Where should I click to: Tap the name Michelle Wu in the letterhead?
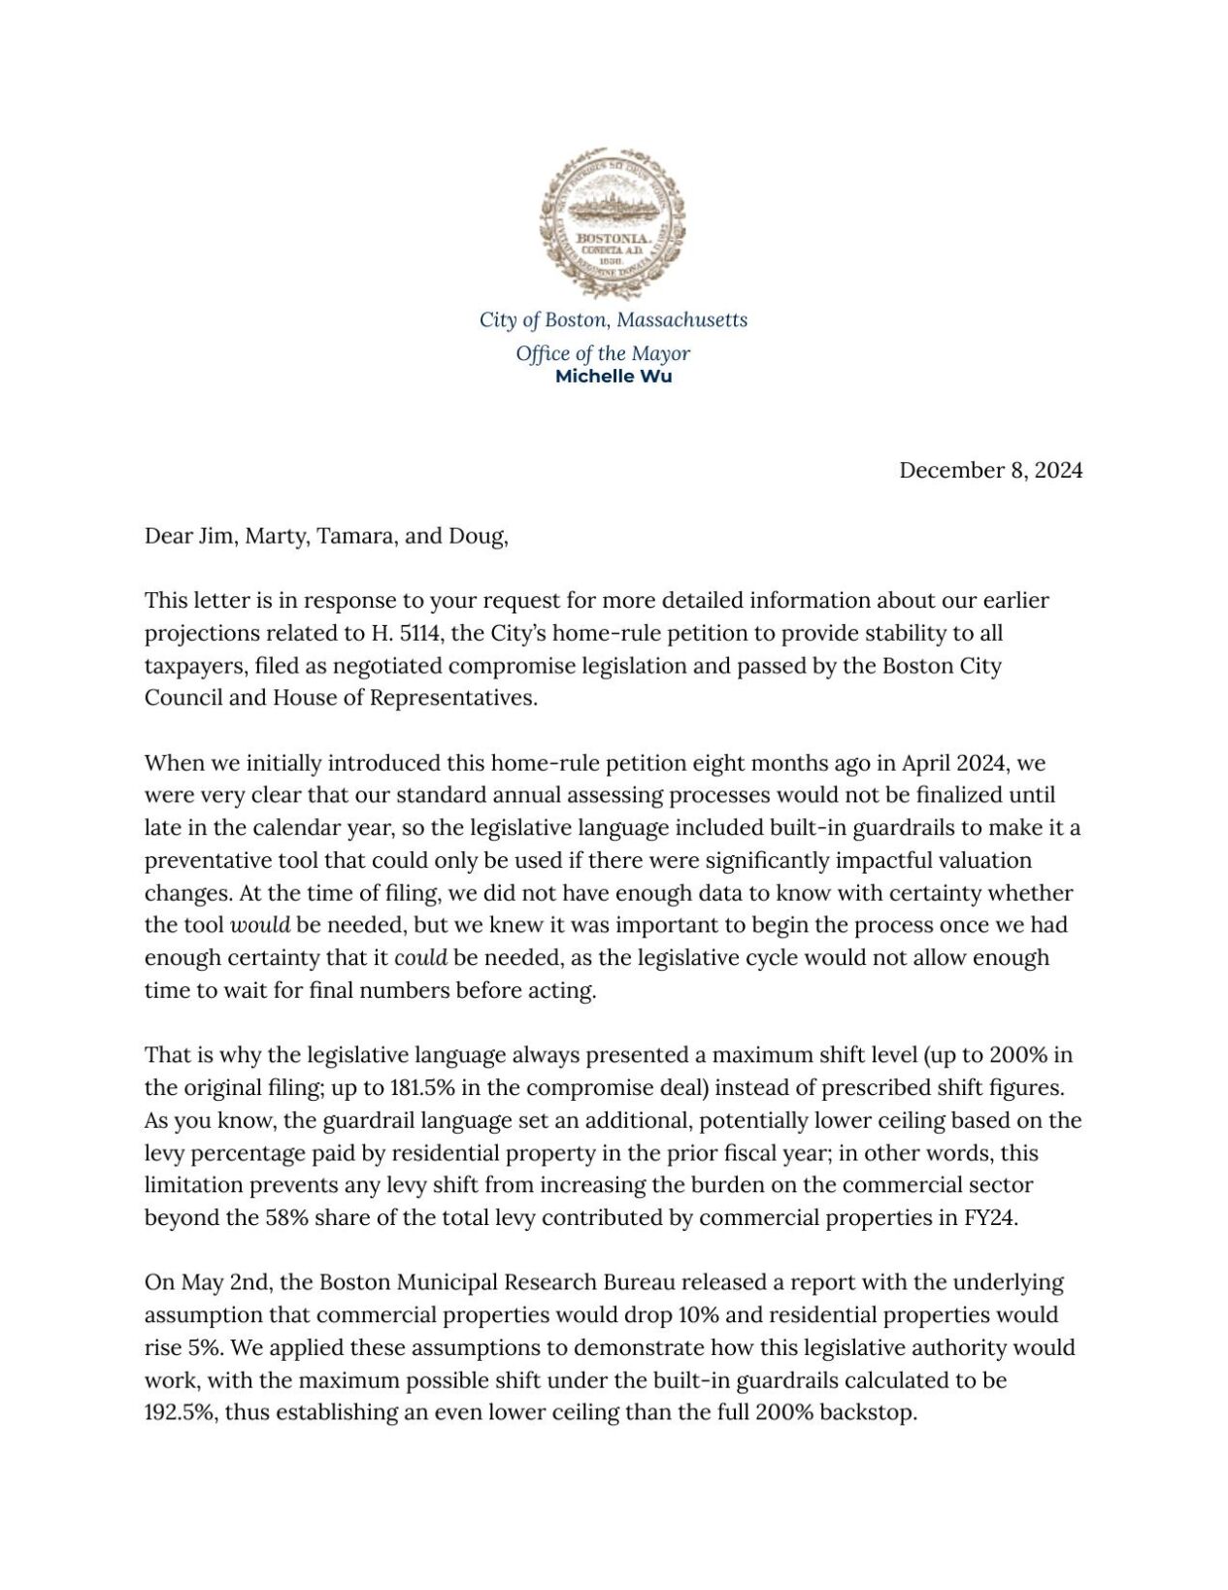[x=613, y=377]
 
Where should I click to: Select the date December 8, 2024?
[x=990, y=471]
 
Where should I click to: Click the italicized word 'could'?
[x=420, y=958]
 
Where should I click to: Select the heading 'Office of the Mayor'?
[x=603, y=353]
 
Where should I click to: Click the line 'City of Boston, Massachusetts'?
[x=614, y=319]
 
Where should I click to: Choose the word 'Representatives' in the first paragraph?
[x=452, y=699]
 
